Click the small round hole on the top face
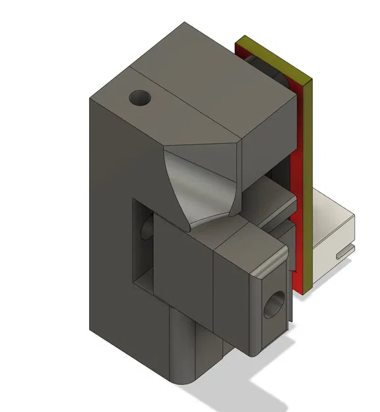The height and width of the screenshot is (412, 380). coord(140,99)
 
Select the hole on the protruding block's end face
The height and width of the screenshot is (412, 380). coord(271,305)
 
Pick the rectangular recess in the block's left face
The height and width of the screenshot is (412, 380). coord(144,244)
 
